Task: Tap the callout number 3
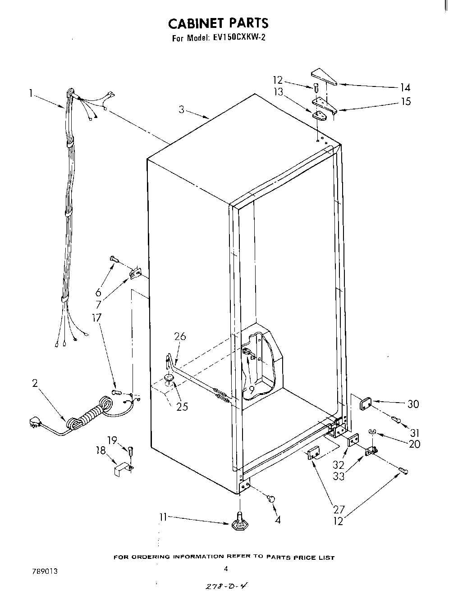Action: pos(181,109)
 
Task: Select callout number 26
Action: pos(180,336)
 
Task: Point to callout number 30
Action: pos(413,404)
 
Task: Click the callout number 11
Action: pos(164,517)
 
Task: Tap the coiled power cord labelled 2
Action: pos(90,414)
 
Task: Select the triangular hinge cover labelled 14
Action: pos(324,76)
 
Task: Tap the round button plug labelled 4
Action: pos(271,498)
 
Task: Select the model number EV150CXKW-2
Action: pos(237,39)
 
